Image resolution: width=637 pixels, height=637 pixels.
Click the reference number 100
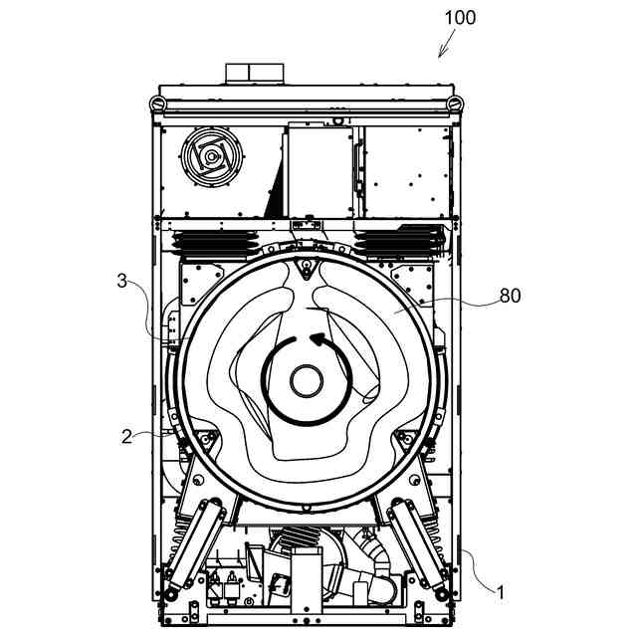point(459,17)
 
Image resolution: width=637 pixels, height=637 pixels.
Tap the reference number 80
point(511,296)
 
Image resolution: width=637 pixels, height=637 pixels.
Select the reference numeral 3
point(120,283)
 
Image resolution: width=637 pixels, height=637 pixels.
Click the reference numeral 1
point(501,592)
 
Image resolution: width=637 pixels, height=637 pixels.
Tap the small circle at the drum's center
point(306,380)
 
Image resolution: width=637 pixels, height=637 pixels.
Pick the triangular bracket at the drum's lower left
point(207,440)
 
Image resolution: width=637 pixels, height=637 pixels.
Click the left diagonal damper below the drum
point(190,543)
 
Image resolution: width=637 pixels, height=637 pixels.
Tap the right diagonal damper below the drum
point(420,543)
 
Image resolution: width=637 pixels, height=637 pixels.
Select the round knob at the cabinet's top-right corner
point(455,103)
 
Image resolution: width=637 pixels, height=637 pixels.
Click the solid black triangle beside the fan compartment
point(271,199)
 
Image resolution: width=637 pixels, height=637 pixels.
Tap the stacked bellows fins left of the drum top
point(214,241)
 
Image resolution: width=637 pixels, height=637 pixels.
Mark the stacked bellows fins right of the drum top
point(397,241)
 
